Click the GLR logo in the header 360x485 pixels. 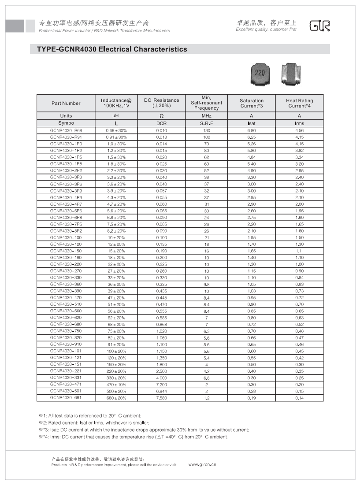click(x=319, y=26)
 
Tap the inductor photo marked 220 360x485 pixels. click(x=260, y=74)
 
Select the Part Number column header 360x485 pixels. click(x=66, y=104)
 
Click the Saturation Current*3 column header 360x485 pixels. click(x=252, y=104)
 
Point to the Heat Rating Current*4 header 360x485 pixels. click(x=299, y=104)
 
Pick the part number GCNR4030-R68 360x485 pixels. click(x=66, y=131)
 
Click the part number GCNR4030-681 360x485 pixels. click(x=66, y=398)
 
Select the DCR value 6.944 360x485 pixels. click(x=161, y=391)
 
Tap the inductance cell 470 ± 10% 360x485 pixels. click(x=116, y=385)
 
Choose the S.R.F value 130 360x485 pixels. click(x=206, y=131)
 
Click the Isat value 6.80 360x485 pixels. click(x=252, y=131)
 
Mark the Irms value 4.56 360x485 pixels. click(x=299, y=131)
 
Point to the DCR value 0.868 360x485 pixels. click(x=161, y=325)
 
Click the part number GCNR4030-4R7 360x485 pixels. click(x=66, y=204)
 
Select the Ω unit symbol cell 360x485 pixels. click(x=161, y=116)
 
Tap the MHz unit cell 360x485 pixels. click(x=206, y=116)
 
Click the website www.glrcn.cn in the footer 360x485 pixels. click(x=202, y=464)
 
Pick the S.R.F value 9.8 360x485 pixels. click(x=206, y=285)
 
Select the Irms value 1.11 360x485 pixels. click(x=299, y=251)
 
